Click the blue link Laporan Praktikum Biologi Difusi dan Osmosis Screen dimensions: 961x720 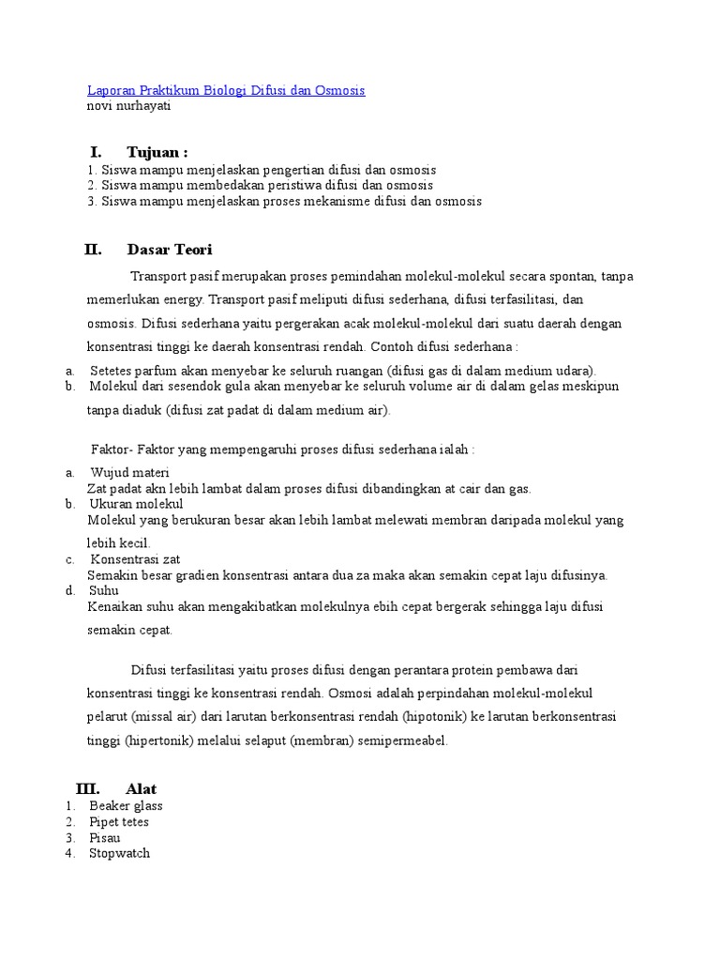pyautogui.click(x=226, y=90)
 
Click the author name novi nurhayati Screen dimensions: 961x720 pyautogui.click(x=128, y=106)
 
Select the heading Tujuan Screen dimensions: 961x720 pyautogui.click(x=157, y=152)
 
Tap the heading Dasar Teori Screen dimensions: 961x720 pyautogui.click(x=170, y=249)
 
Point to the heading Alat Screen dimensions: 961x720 pyautogui.click(x=141, y=789)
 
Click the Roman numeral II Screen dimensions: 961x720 pyautogui.click(x=93, y=249)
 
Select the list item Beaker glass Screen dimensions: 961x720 pyautogui.click(x=126, y=806)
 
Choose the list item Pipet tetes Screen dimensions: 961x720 pyautogui.click(x=119, y=822)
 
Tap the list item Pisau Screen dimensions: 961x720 pyautogui.click(x=105, y=838)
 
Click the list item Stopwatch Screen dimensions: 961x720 pyautogui.click(x=119, y=854)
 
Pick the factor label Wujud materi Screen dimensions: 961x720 pyautogui.click(x=130, y=472)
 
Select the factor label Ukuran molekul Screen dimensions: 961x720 pyautogui.click(x=136, y=504)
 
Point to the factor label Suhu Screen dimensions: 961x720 pyautogui.click(x=104, y=591)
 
